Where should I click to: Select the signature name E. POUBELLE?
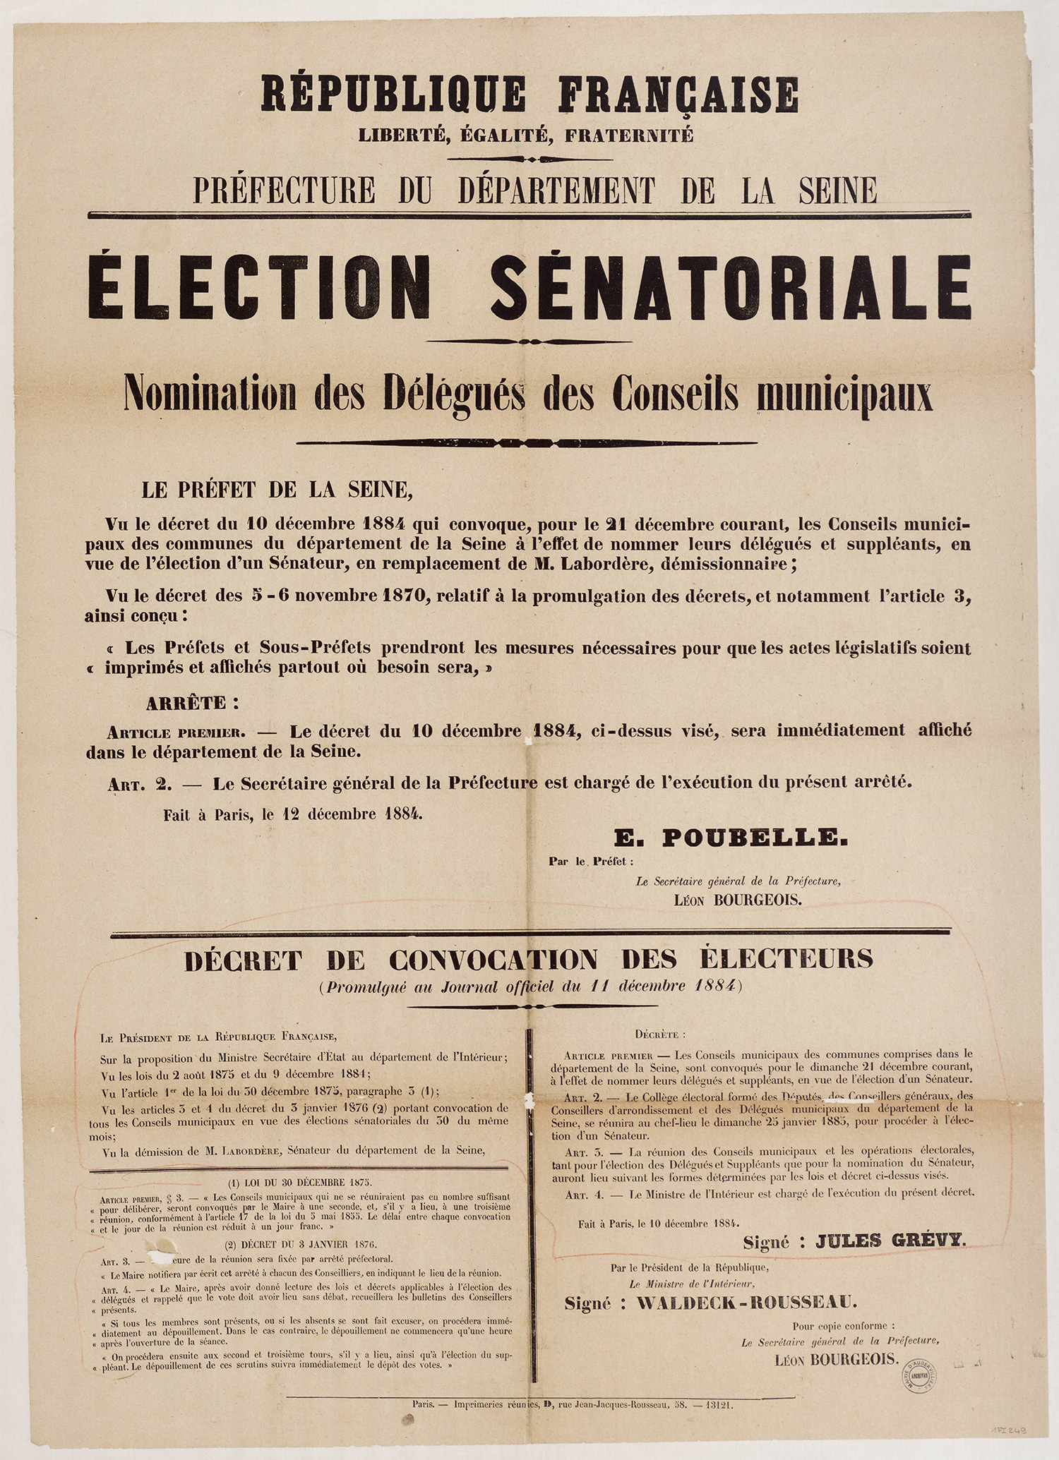coord(730,838)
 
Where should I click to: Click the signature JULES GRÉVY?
coord(890,1241)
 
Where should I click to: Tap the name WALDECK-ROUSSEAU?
coord(747,1302)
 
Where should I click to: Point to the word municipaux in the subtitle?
coord(844,395)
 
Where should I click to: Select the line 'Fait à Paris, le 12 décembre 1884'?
coord(293,814)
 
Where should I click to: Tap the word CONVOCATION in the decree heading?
coord(493,960)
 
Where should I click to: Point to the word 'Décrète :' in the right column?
coord(660,1035)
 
